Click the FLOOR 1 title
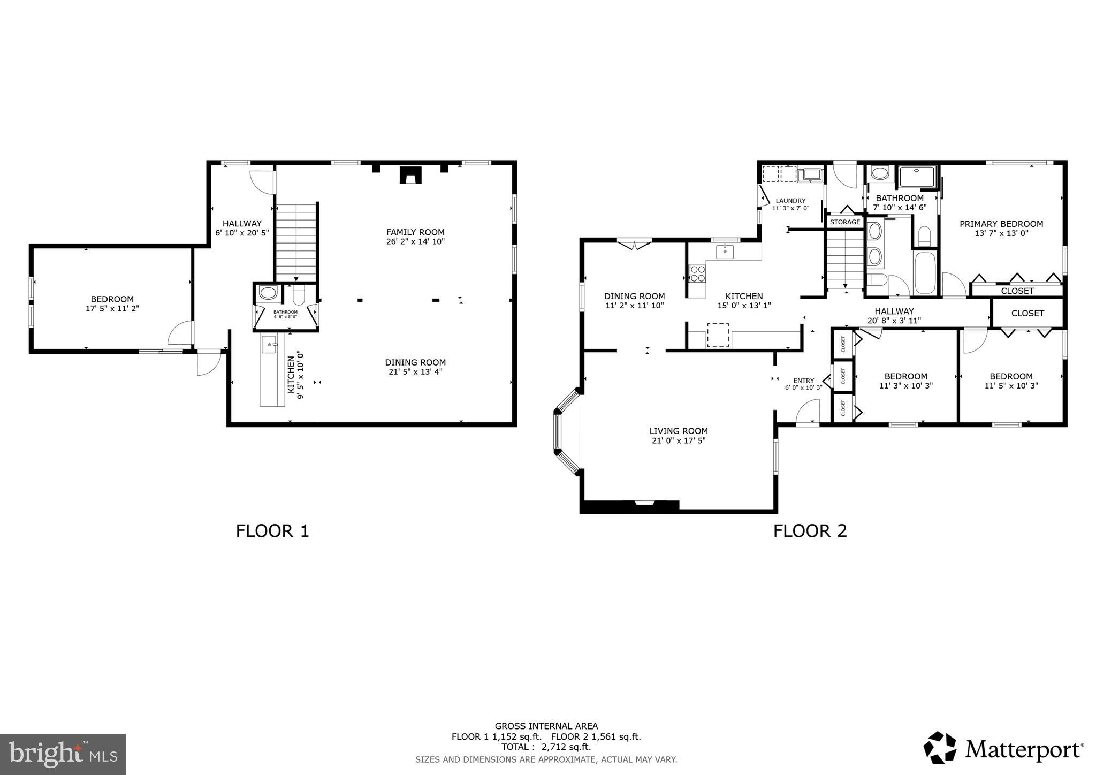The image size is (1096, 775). (x=272, y=531)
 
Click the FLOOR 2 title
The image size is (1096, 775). (x=810, y=531)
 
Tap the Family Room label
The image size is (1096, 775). (x=415, y=232)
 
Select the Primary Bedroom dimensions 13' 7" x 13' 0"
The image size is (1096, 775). (x=1001, y=233)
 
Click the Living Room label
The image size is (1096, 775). (x=678, y=431)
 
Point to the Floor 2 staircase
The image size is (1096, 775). (x=846, y=260)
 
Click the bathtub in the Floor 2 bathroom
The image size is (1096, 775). (x=925, y=273)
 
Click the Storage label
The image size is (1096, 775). (x=845, y=222)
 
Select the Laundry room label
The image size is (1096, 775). (x=790, y=201)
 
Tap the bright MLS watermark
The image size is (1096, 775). (x=63, y=754)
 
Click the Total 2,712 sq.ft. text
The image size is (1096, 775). (x=546, y=747)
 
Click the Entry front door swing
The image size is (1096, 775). (x=808, y=413)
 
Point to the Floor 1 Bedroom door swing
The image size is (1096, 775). (x=180, y=333)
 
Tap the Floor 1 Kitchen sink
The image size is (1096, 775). (x=269, y=345)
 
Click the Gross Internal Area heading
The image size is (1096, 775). (x=546, y=726)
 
